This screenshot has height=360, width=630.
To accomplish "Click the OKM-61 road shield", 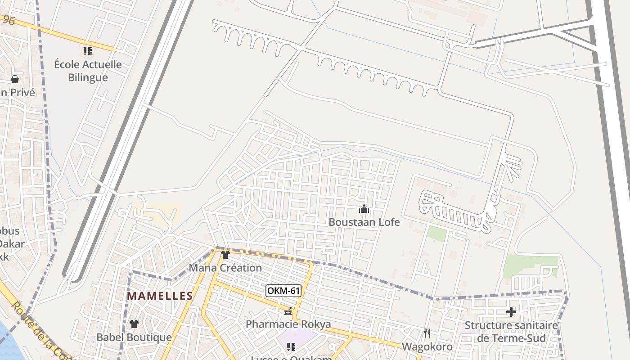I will point(283,291).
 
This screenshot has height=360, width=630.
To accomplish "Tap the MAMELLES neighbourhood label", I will point(160,296).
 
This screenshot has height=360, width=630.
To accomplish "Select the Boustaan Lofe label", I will point(364,222).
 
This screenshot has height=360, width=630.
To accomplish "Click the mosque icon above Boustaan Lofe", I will point(364,209).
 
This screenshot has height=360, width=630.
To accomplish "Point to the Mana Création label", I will point(225,268).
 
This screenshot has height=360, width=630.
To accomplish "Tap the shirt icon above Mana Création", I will point(225,255).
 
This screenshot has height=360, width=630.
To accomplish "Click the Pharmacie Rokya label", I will point(288,324).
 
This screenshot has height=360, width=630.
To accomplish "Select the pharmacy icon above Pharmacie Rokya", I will point(288,311).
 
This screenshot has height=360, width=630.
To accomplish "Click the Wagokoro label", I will point(427,346).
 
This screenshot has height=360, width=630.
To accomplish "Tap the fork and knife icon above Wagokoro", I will point(427,333).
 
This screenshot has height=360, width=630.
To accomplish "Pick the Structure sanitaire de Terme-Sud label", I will point(511,332).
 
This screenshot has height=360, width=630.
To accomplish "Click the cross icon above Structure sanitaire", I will point(511,311).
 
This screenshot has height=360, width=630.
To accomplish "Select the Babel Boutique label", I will point(134,337).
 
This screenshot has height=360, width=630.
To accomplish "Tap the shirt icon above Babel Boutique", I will point(134,324).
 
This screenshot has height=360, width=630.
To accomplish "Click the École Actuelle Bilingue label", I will point(88,71).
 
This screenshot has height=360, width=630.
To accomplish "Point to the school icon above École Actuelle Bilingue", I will point(88,51).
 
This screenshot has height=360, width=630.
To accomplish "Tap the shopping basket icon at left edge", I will point(15,79).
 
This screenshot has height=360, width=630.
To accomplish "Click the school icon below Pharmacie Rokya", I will point(291,346).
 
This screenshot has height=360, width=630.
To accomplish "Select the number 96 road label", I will point(9,20).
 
